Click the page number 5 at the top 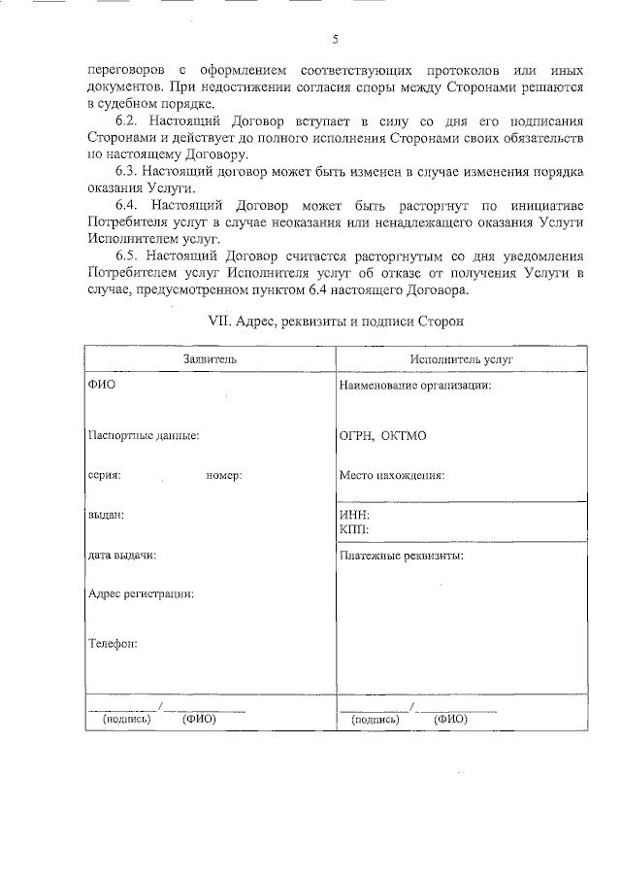pyautogui.click(x=335, y=40)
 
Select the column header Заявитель pyautogui.click(x=210, y=359)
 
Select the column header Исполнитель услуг pyautogui.click(x=462, y=359)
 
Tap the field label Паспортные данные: pyautogui.click(x=144, y=436)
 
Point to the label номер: pyautogui.click(x=223, y=476)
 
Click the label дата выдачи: pyautogui.click(x=122, y=556)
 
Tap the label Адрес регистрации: pyautogui.click(x=141, y=593)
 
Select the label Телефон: pyautogui.click(x=113, y=643)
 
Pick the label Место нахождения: pyautogui.click(x=392, y=476)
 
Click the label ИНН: pyautogui.click(x=354, y=515)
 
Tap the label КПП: pyautogui.click(x=354, y=529)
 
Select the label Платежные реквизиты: pyautogui.click(x=401, y=557)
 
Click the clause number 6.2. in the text pyautogui.click(x=129, y=121)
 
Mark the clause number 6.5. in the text pyautogui.click(x=129, y=255)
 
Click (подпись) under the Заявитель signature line pyautogui.click(x=126, y=720)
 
